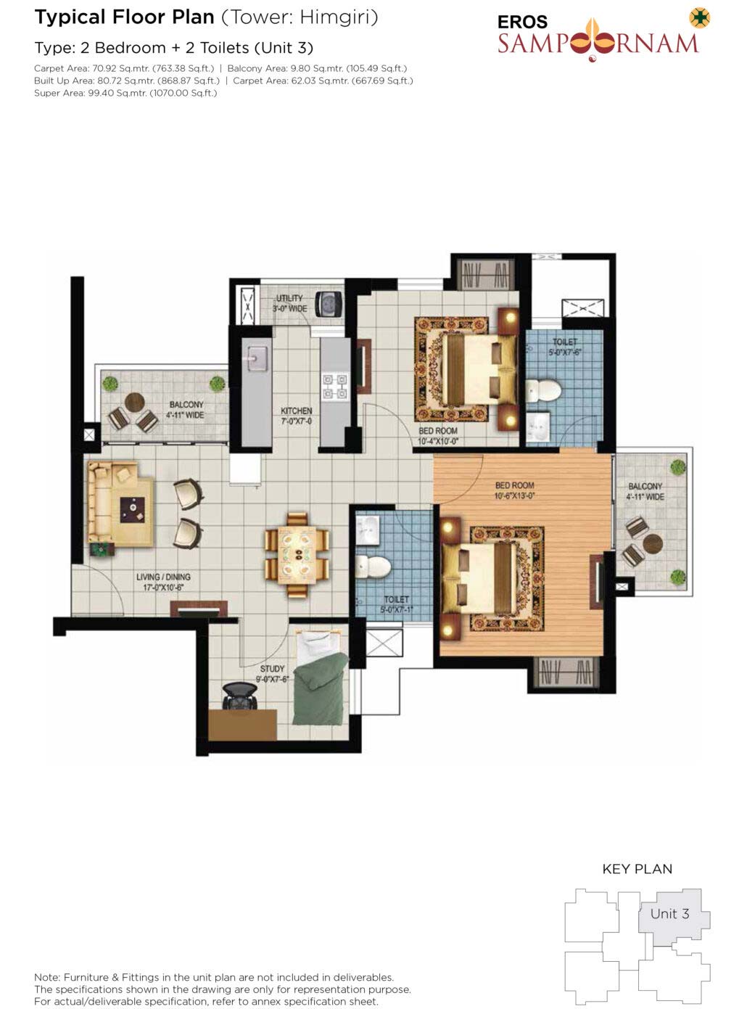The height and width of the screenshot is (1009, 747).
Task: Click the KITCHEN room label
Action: click(296, 411)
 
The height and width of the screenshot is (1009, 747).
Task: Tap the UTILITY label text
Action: click(289, 298)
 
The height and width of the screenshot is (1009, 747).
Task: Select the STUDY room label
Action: click(272, 669)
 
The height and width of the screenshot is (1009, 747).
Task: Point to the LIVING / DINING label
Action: click(163, 577)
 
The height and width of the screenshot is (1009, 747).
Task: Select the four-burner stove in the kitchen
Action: click(334, 387)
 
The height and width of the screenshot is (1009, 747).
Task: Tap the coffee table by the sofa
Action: click(133, 510)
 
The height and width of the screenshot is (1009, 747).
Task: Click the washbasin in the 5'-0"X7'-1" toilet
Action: click(367, 530)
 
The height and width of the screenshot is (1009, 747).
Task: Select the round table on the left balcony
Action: click(135, 403)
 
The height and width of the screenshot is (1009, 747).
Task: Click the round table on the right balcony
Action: click(653, 544)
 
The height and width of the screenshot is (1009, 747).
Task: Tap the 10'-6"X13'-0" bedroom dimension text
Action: click(514, 495)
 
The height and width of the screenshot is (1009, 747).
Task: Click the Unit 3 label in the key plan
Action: click(669, 913)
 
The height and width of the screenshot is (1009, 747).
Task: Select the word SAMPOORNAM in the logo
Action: click(598, 44)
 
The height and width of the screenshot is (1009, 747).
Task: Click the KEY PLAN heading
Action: click(637, 869)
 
